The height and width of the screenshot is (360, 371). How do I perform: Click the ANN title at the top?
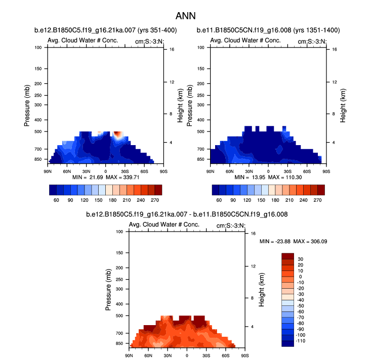[x=185, y=16]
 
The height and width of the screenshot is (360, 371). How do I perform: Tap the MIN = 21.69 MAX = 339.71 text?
[x=105, y=177]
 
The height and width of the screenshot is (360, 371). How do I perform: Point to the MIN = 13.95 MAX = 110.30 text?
[x=268, y=177]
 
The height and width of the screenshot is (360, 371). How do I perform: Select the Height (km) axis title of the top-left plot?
[x=180, y=105]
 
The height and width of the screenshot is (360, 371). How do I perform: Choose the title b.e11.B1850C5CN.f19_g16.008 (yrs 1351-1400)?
[x=268, y=30]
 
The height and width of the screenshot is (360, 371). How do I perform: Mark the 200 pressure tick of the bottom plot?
[x=119, y=267]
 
